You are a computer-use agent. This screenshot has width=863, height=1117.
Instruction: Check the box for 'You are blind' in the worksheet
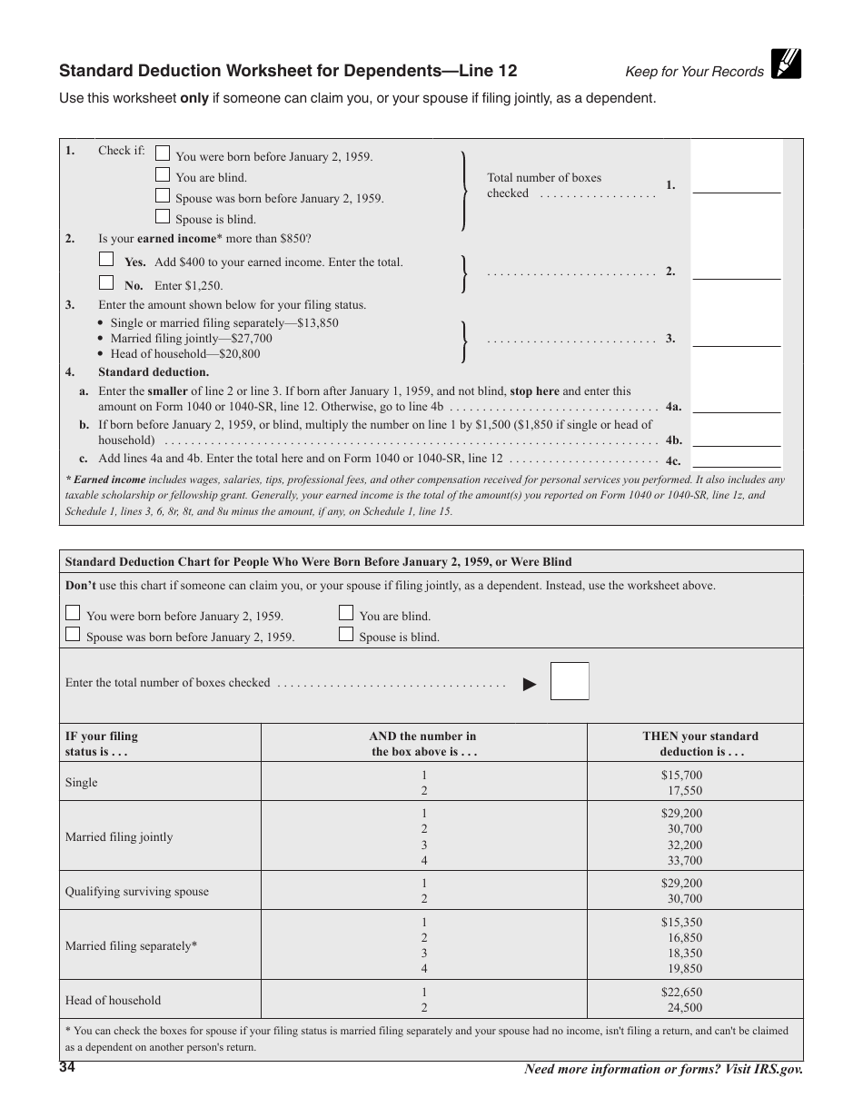point(163,174)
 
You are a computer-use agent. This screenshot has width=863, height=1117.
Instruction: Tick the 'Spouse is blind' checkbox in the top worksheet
point(163,216)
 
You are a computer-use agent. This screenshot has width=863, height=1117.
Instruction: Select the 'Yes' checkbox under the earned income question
point(106,259)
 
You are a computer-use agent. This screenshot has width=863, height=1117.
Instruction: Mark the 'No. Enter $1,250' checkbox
point(106,282)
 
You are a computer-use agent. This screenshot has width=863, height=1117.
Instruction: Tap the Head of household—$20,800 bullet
point(184,354)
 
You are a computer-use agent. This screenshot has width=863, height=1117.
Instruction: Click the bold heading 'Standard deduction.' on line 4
point(154,371)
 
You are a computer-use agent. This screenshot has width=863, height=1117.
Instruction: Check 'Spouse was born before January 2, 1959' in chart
point(73,635)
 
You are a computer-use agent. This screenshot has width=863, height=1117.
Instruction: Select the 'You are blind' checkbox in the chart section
point(346,613)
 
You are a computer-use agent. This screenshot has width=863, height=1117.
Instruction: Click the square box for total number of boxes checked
point(570,681)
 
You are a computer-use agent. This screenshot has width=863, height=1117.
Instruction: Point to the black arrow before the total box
point(530,685)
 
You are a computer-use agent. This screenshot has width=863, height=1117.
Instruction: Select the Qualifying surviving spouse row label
point(136,892)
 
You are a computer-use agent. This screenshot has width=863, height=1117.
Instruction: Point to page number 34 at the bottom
point(67,1068)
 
